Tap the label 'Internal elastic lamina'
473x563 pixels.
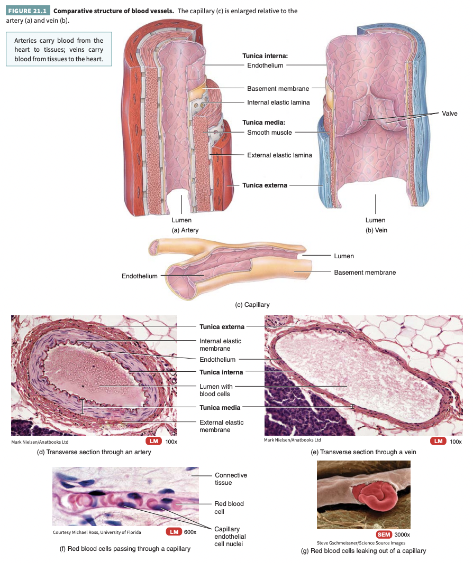click(278, 102)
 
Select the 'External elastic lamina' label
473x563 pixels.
click(279, 155)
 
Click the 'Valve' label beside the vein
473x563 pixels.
click(450, 114)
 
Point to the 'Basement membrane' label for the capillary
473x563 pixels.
click(365, 273)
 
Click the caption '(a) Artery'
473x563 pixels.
click(185, 230)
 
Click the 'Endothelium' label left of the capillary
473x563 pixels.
click(140, 276)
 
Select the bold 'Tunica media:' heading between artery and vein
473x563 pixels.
click(264, 123)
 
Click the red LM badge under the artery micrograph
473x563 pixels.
click(153, 442)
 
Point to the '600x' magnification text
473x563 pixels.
click(190, 531)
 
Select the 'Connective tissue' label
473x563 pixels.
click(231, 479)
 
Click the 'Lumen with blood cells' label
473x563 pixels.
click(216, 390)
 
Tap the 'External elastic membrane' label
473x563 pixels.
click(222, 426)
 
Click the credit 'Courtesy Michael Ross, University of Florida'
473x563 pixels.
click(97, 532)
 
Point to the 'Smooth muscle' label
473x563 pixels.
click(269, 133)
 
